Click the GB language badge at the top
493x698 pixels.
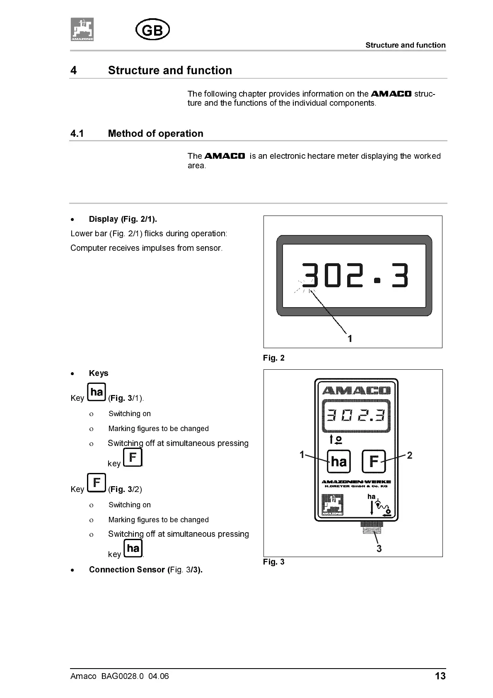[x=152, y=30]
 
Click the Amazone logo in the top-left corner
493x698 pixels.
[x=82, y=29]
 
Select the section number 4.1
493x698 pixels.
[x=77, y=133]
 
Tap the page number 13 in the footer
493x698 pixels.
[x=440, y=676]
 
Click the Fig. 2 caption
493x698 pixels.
[x=274, y=358]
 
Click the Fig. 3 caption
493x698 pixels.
[x=274, y=562]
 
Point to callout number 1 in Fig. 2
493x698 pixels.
[x=350, y=339]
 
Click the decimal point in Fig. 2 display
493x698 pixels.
[x=377, y=281]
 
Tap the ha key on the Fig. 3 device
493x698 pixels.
[x=339, y=461]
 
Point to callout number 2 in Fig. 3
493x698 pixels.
[x=410, y=456]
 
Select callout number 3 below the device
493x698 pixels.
[x=379, y=548]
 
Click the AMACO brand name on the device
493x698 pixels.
[x=356, y=390]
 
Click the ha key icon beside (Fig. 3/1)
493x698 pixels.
[x=97, y=392]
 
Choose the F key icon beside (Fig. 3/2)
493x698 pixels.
[x=97, y=483]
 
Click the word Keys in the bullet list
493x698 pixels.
[x=99, y=373]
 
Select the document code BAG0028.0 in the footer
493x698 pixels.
[x=122, y=676]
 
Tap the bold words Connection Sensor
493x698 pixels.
[x=127, y=570]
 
